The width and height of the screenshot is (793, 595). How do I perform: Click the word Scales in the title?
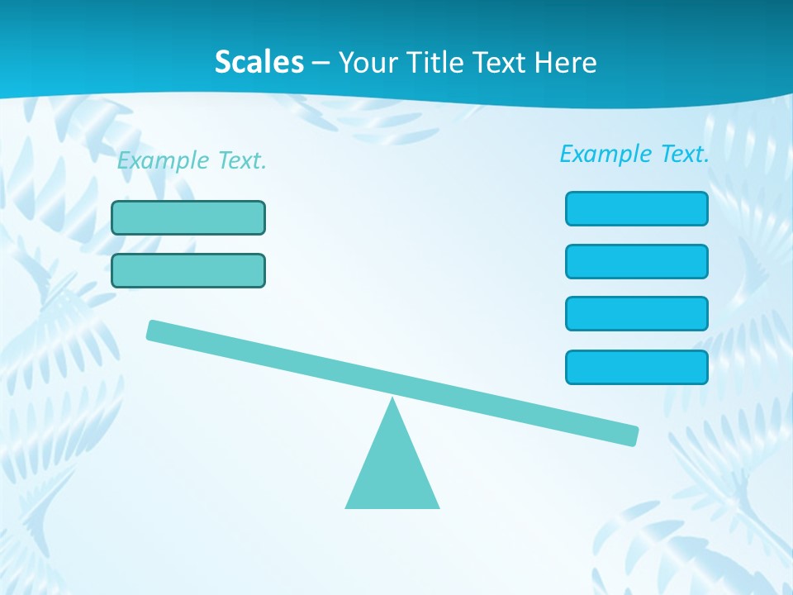[259, 62]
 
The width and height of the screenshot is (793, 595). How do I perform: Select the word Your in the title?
[368, 63]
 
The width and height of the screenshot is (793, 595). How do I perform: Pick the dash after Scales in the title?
[321, 63]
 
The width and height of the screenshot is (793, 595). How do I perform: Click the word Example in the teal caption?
[163, 161]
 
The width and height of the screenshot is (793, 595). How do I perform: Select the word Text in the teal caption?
[241, 161]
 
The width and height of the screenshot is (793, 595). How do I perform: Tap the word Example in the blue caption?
[605, 154]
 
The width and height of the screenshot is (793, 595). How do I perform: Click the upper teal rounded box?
[188, 217]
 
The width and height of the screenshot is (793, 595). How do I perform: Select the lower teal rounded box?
[188, 270]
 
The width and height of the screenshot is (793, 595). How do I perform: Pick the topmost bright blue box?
[637, 208]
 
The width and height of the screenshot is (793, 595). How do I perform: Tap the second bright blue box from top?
[637, 261]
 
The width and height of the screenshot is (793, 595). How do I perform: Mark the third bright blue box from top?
[637, 313]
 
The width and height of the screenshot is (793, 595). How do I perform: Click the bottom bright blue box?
[637, 367]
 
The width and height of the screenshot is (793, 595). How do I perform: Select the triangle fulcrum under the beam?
[392, 471]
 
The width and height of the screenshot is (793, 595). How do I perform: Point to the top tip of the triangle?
[392, 402]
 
